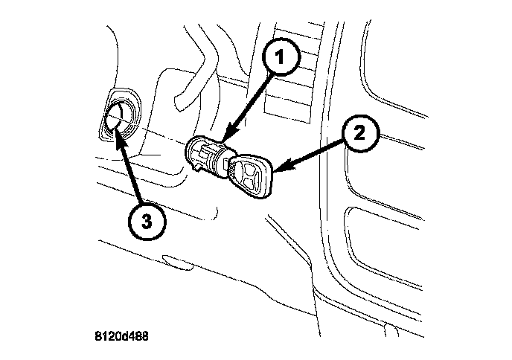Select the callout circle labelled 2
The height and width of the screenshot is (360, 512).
click(x=359, y=134)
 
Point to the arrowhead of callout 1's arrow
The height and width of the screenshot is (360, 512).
click(x=223, y=139)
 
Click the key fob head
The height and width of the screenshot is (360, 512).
click(x=252, y=176)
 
